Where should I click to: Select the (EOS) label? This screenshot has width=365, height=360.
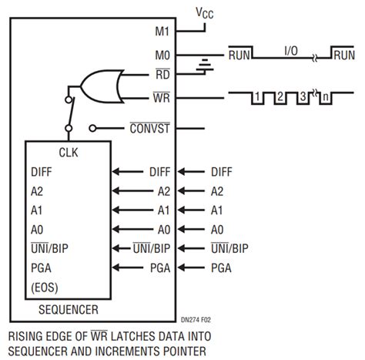tap(47, 288)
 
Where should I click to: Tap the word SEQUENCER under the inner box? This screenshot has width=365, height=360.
tap(69, 311)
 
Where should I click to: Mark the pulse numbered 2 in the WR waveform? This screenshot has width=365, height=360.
tap(280, 98)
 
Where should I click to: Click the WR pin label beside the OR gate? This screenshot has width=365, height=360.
tap(162, 97)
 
